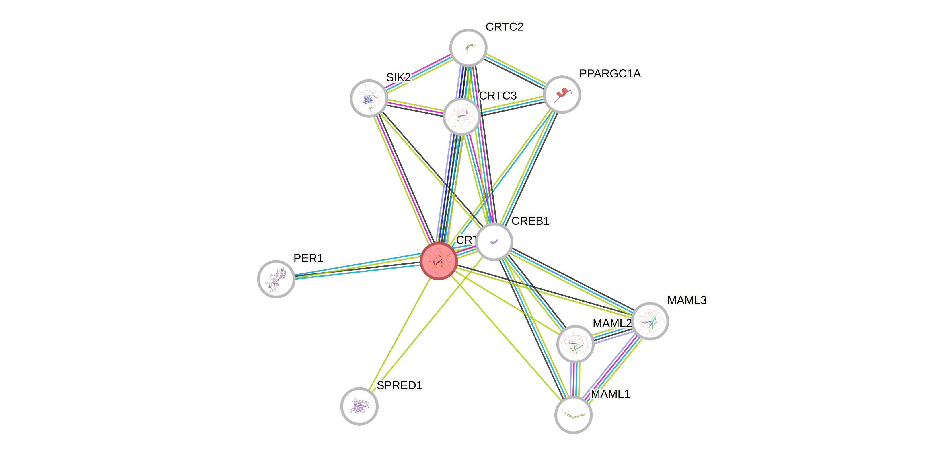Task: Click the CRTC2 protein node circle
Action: tap(468, 47)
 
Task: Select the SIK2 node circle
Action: tap(369, 98)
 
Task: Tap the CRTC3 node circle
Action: tap(461, 116)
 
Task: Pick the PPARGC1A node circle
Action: tap(562, 95)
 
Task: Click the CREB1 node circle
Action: tap(494, 242)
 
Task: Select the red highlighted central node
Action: tap(439, 261)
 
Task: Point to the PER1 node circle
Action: tap(276, 279)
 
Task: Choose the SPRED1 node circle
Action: tap(359, 406)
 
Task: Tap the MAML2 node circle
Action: tap(575, 344)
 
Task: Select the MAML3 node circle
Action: tap(650, 321)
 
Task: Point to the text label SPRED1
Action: tap(400, 385)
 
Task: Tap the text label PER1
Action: tap(308, 258)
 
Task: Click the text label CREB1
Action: tap(530, 221)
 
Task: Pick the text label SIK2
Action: tap(398, 77)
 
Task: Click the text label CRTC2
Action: tap(505, 27)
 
